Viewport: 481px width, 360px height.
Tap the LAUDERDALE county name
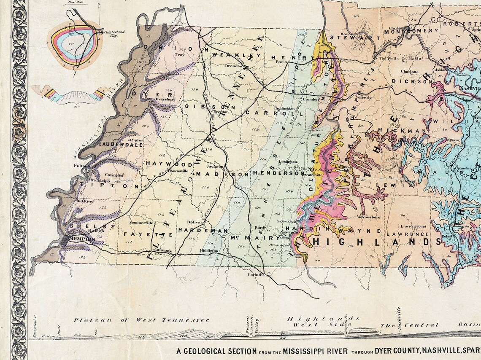120,144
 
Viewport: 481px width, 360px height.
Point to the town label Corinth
256,274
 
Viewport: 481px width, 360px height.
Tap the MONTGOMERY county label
411,31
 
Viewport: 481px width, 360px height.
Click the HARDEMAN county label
203,231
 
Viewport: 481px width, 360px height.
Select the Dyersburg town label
165,100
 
